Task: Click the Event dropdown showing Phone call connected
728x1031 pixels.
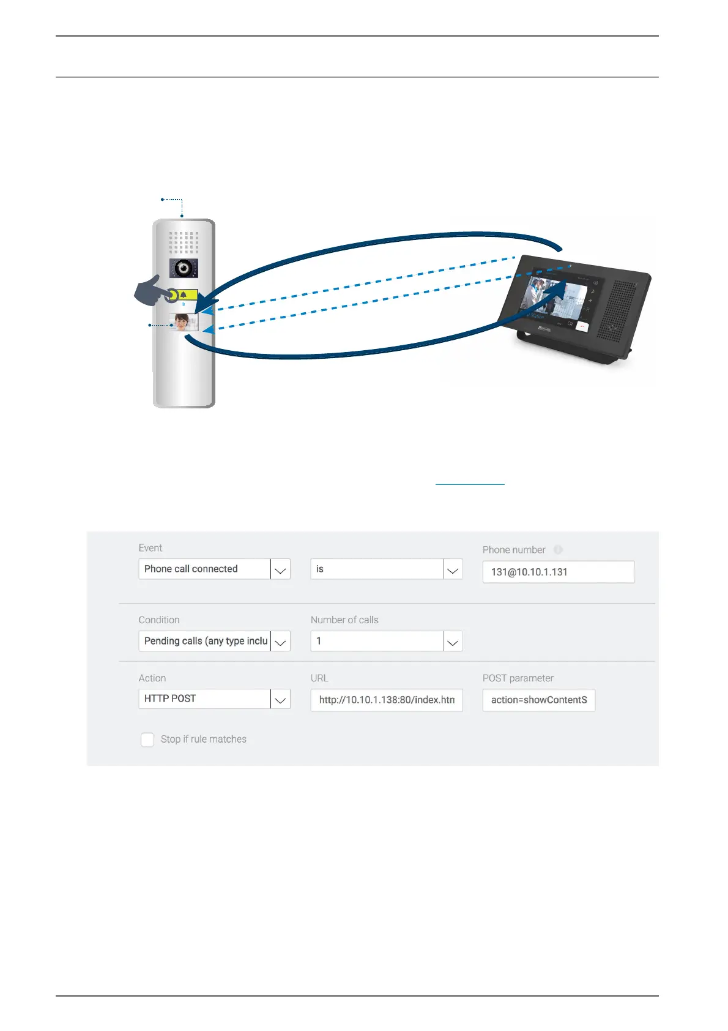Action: pos(214,569)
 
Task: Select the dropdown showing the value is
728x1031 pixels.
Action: pos(386,569)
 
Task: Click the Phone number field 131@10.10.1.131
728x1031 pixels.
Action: pos(558,572)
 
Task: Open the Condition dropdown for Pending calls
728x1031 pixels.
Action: pos(214,641)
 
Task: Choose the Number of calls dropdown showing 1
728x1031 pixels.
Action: pos(386,641)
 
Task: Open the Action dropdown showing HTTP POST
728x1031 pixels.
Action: pos(214,699)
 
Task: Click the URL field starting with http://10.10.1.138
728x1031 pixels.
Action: pos(386,700)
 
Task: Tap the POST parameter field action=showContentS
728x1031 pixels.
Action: pos(538,700)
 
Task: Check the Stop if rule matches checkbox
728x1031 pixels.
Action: pos(147,740)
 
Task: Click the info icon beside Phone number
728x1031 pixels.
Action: pos(558,550)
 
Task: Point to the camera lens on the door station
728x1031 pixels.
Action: pos(183,268)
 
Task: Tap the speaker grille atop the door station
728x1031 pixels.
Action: pos(184,242)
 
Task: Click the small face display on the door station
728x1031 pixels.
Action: pos(184,322)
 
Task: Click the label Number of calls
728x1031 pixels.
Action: pos(344,620)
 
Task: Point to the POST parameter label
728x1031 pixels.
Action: pos(518,678)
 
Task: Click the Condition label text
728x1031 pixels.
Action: pos(159,620)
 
